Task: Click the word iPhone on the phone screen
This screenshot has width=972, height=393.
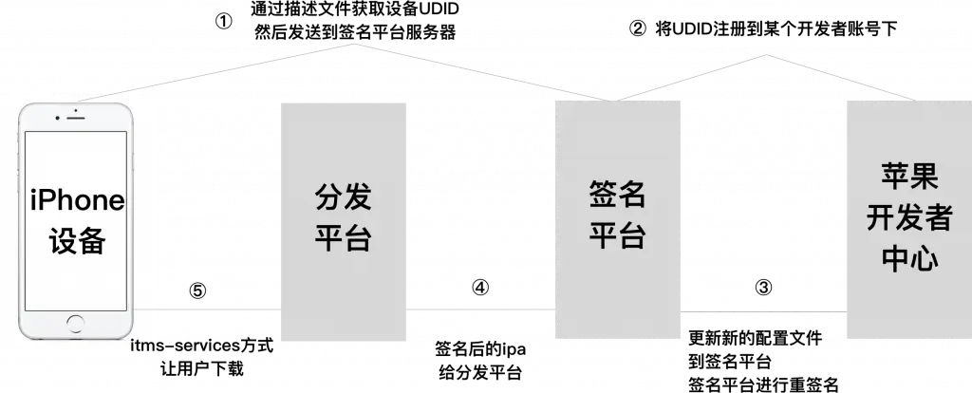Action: point(77,201)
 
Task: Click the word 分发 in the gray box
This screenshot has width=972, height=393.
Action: point(344,199)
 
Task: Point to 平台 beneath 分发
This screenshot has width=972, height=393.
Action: point(344,237)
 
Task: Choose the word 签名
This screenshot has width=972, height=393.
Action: point(618,196)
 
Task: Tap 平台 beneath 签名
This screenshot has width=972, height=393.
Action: point(618,235)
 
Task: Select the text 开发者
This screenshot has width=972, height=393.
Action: point(908,217)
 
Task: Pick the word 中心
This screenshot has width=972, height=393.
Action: point(908,257)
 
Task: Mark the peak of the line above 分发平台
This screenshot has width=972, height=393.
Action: point(352,43)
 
